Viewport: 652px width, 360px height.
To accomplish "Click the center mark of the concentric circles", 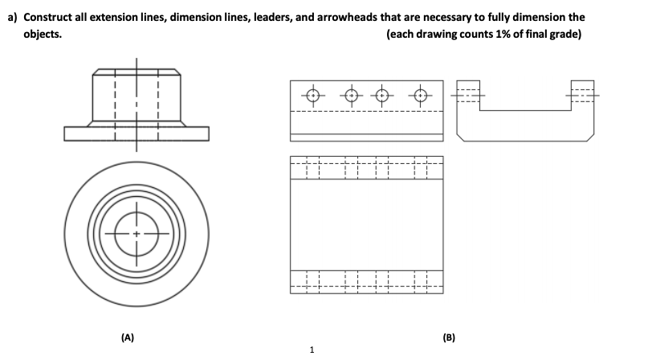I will point(137,233).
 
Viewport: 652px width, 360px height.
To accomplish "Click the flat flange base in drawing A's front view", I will point(137,133).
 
